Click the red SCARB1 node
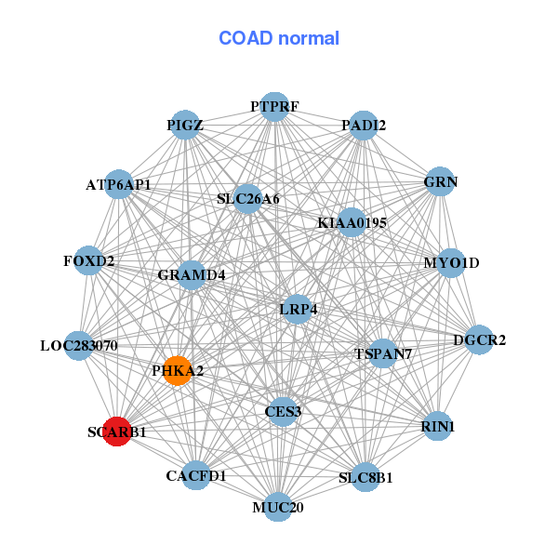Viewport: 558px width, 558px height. click(117, 432)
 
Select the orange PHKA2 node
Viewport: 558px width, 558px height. click(177, 370)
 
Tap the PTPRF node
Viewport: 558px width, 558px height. click(273, 107)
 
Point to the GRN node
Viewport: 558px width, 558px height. click(440, 182)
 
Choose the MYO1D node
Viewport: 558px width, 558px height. click(451, 263)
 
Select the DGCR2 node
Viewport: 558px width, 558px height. click(478, 340)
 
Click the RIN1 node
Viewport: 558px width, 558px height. click(437, 426)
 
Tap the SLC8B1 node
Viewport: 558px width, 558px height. click(365, 478)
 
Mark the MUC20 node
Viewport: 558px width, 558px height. click(277, 507)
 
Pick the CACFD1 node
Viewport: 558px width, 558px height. click(196, 475)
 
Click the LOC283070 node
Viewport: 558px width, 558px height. click(79, 346)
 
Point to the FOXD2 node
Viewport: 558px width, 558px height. click(89, 261)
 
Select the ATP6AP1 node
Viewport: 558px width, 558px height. click(118, 185)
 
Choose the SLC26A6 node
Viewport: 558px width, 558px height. click(247, 198)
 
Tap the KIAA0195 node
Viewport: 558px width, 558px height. click(352, 223)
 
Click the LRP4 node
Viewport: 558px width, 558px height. click(298, 309)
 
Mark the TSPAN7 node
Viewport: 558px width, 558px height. click(382, 354)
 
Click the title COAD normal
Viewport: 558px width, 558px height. click(278, 39)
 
